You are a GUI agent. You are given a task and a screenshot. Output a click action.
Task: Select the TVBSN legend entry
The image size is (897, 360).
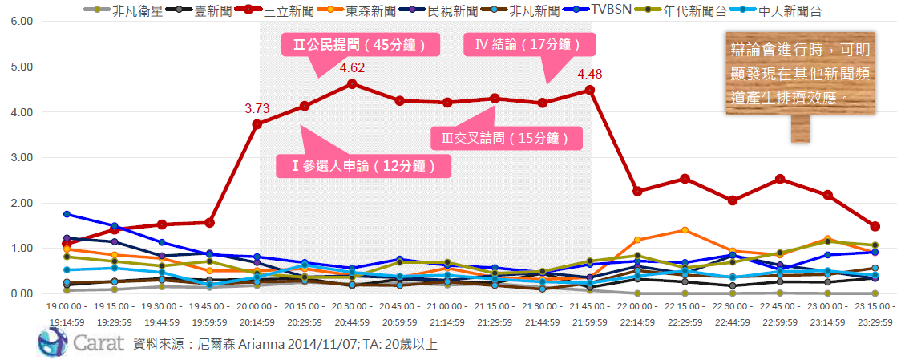[608, 10]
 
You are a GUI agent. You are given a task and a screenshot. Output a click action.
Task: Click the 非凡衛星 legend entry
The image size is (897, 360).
[120, 10]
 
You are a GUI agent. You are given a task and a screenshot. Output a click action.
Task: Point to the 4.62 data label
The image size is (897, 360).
[353, 67]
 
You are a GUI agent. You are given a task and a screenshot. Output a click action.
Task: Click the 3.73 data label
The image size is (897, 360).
[257, 107]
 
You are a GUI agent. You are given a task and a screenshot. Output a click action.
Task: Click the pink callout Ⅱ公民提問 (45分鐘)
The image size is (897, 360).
[354, 45]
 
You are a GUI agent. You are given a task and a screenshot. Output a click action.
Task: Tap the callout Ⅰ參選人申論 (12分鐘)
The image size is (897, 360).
[363, 166]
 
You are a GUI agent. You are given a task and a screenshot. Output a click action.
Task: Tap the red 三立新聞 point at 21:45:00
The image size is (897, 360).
[589, 90]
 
